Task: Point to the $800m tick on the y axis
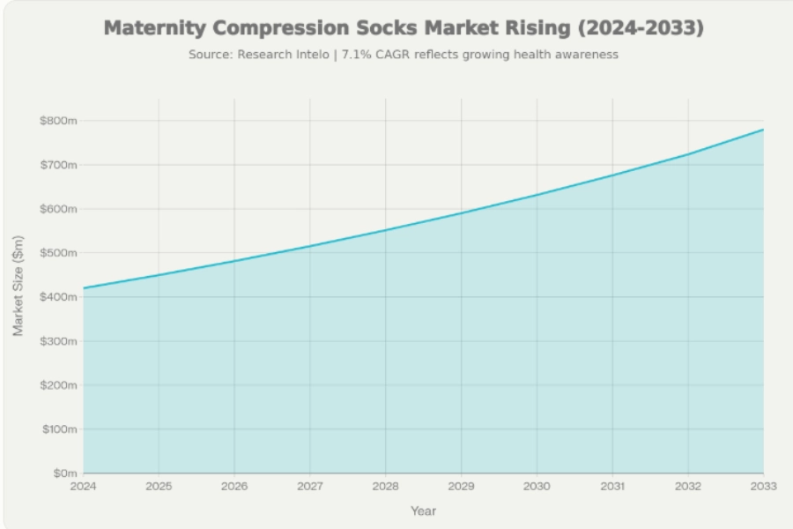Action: point(59,121)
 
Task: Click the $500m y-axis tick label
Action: point(59,253)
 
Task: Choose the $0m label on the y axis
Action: point(64,473)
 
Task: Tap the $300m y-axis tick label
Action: point(59,341)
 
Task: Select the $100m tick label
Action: point(59,429)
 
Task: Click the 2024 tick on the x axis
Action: point(83,487)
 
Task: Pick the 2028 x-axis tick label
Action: point(385,487)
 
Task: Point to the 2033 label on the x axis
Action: point(763,487)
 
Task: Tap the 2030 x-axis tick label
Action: point(537,487)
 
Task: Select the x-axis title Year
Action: point(423,510)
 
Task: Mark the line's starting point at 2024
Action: point(83,288)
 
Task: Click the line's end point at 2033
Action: point(763,130)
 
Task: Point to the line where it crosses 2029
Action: point(461,212)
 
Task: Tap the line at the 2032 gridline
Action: point(687,154)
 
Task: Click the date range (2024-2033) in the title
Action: point(641,28)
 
